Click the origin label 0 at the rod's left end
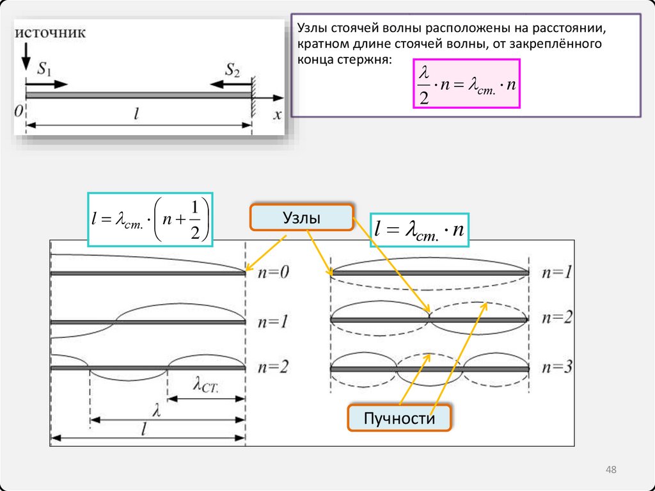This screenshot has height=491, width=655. coord(19,111)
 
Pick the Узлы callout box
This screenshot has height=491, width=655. coord(301,218)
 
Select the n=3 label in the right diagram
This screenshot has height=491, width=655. coord(556,367)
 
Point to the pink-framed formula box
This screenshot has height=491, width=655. coord(467,83)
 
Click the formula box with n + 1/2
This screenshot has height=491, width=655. coord(151,220)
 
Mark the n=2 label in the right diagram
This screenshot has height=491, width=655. coord(556,318)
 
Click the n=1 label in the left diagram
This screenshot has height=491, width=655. coord(273,322)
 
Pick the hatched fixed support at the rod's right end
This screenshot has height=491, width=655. coord(254,96)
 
